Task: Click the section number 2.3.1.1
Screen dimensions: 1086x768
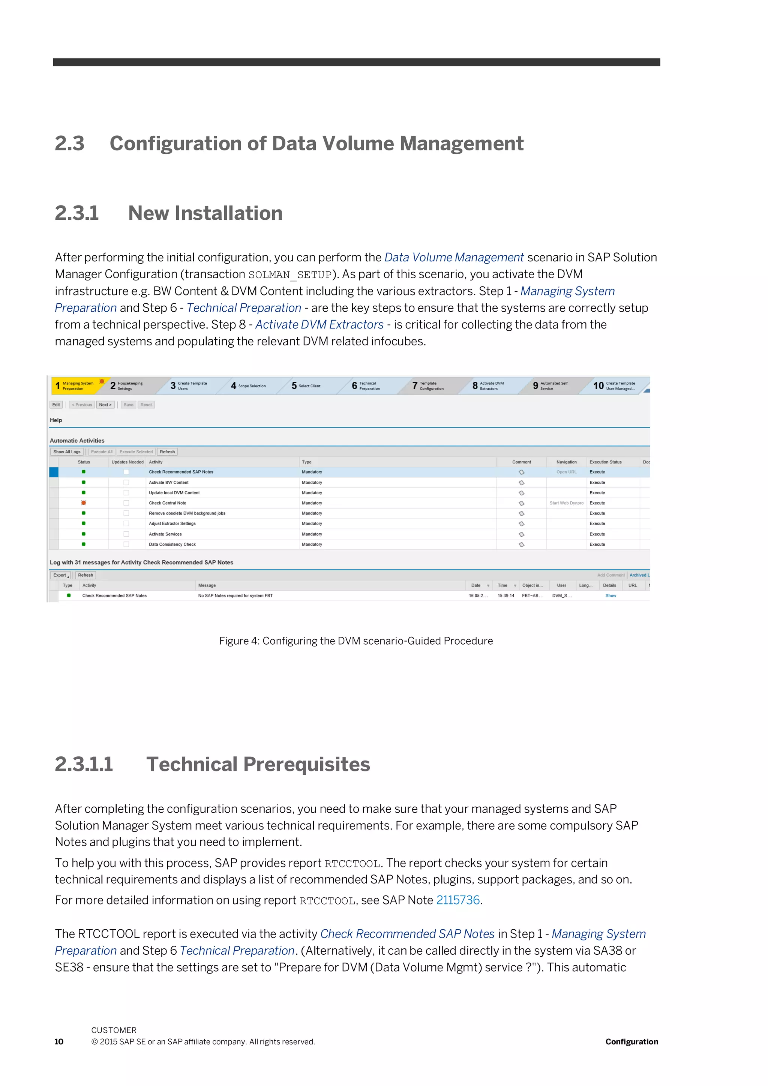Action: coord(84,764)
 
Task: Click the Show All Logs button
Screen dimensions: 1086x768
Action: coord(67,452)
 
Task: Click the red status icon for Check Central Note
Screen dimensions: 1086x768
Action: coord(84,503)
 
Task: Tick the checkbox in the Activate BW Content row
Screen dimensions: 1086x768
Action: coord(126,483)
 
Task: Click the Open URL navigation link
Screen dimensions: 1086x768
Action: coord(566,472)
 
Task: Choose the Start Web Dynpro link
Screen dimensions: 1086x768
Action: coord(566,503)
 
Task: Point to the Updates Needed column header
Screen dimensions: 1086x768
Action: coord(127,462)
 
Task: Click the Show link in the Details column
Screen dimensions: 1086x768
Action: coord(610,595)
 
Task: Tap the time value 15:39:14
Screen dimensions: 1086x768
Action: coord(505,595)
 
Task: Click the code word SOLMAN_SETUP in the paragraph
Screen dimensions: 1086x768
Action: coord(290,275)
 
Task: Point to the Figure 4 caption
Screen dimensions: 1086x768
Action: coord(355,641)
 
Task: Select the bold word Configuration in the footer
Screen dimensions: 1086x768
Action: coord(631,1041)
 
